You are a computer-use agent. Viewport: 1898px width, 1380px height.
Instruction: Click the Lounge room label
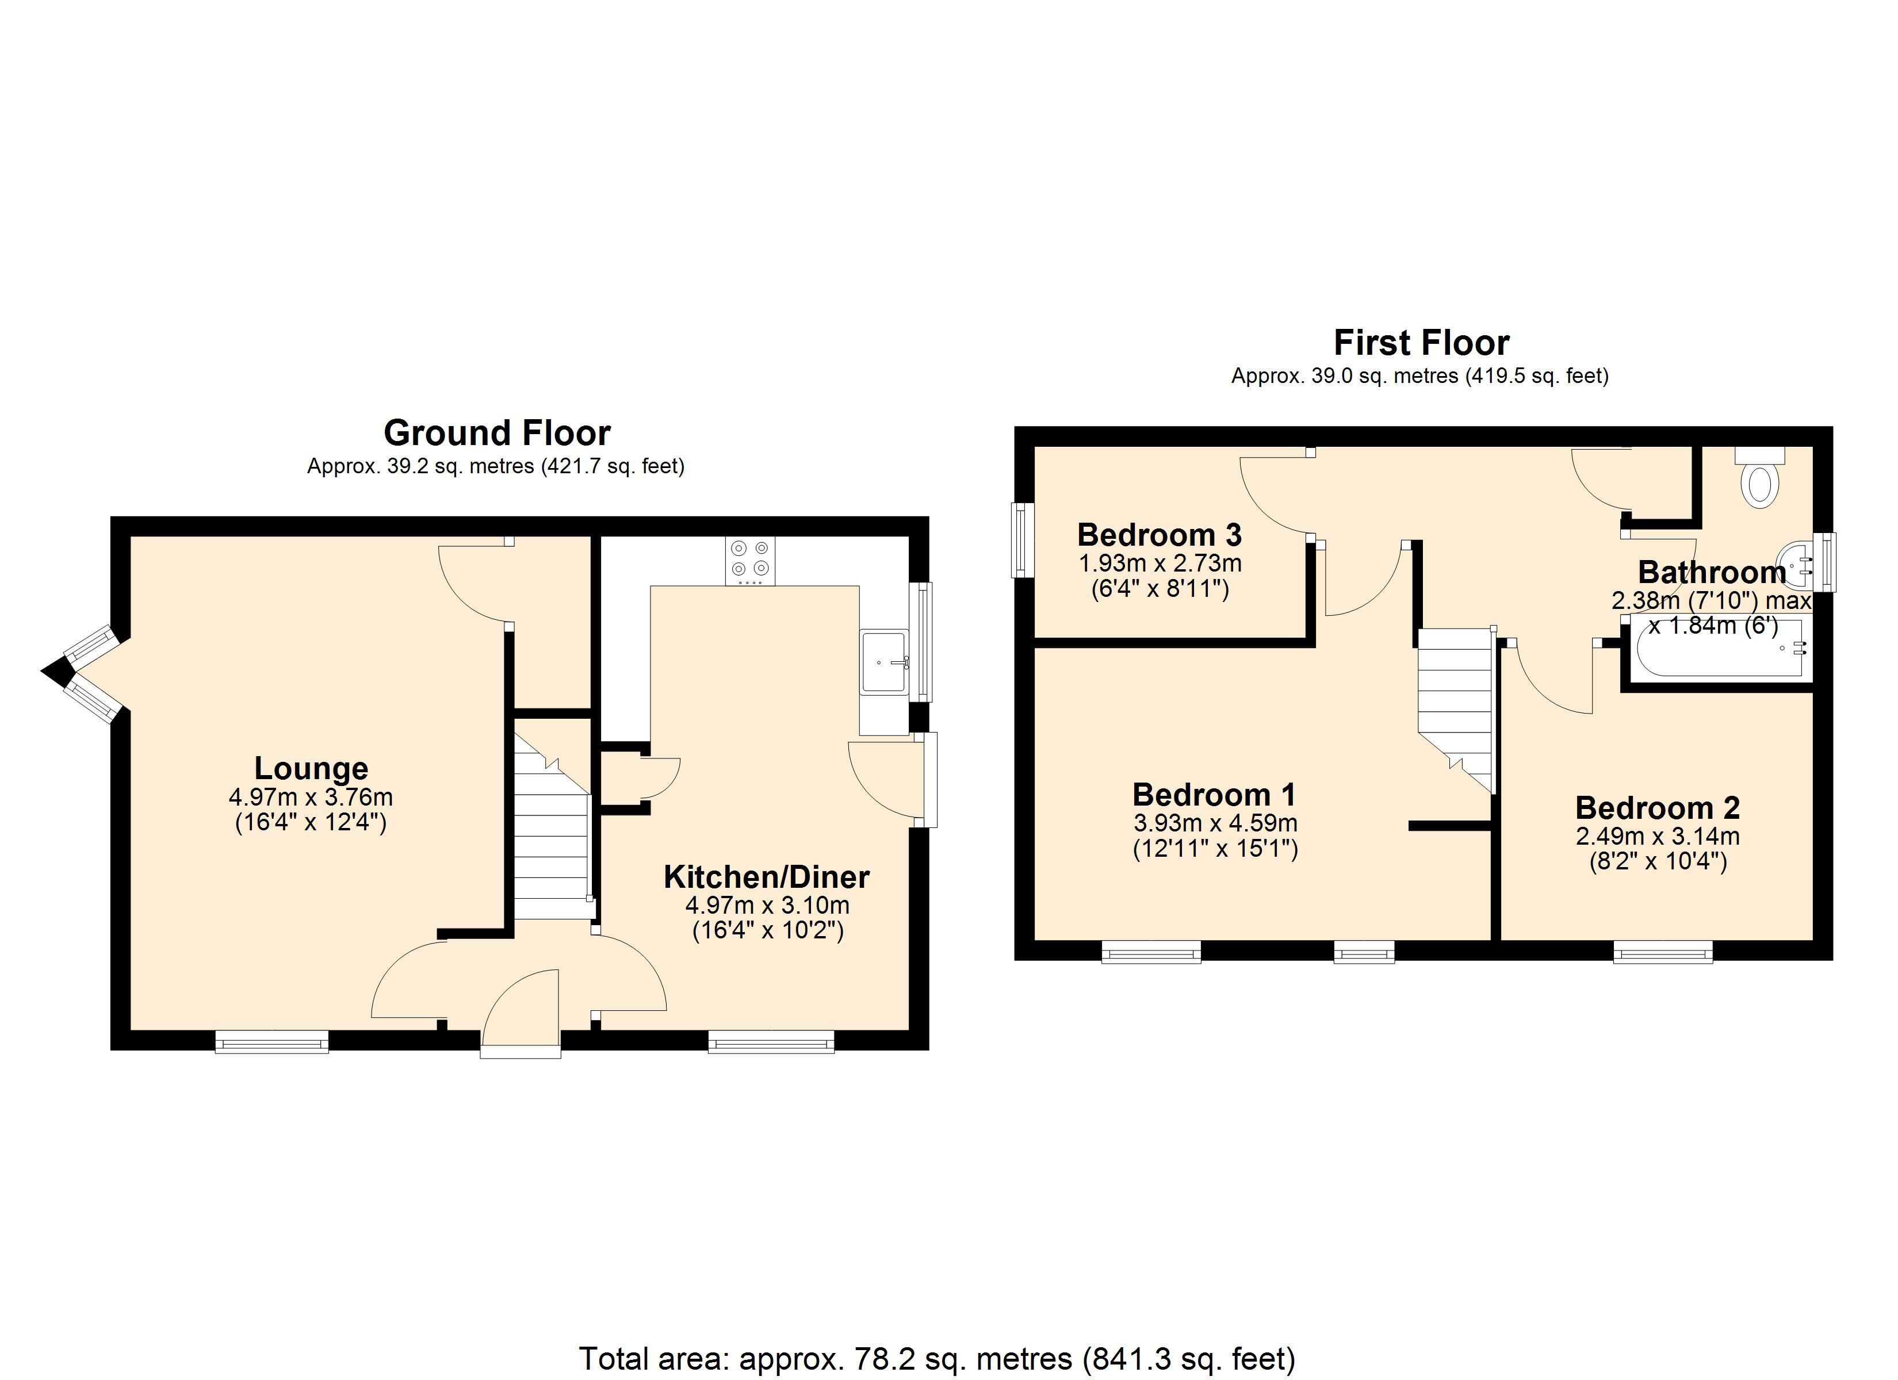click(x=311, y=768)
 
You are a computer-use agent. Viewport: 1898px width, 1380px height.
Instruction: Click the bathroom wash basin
click(x=1797, y=562)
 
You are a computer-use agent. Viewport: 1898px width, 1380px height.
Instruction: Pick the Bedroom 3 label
click(x=1159, y=535)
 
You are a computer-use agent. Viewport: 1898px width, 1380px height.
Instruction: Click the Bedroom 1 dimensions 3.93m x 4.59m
click(x=1215, y=823)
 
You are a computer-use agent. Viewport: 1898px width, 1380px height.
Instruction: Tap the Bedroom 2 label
click(x=1657, y=807)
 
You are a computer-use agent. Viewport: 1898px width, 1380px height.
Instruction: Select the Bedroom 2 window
click(x=1662, y=952)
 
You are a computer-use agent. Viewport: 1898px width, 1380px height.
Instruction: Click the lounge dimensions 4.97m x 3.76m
click(x=311, y=797)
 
